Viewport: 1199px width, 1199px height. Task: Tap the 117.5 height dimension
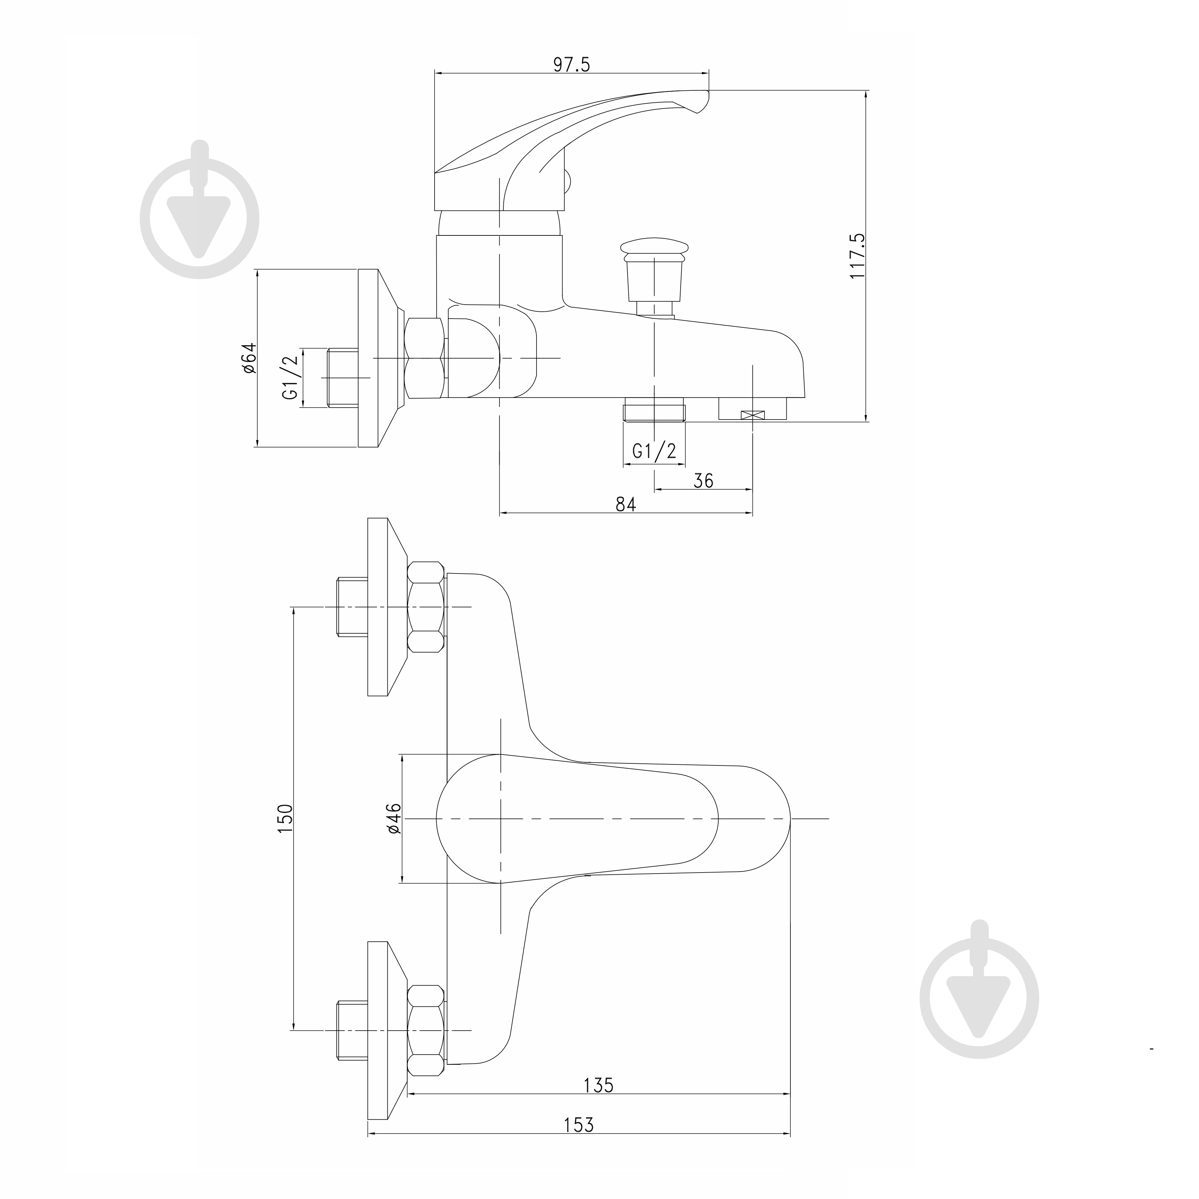click(x=857, y=256)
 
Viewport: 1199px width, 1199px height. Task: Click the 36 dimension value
click(x=703, y=480)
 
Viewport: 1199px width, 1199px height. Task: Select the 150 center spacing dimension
click(x=284, y=818)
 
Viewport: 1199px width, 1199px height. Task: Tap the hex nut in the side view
click(x=425, y=358)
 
